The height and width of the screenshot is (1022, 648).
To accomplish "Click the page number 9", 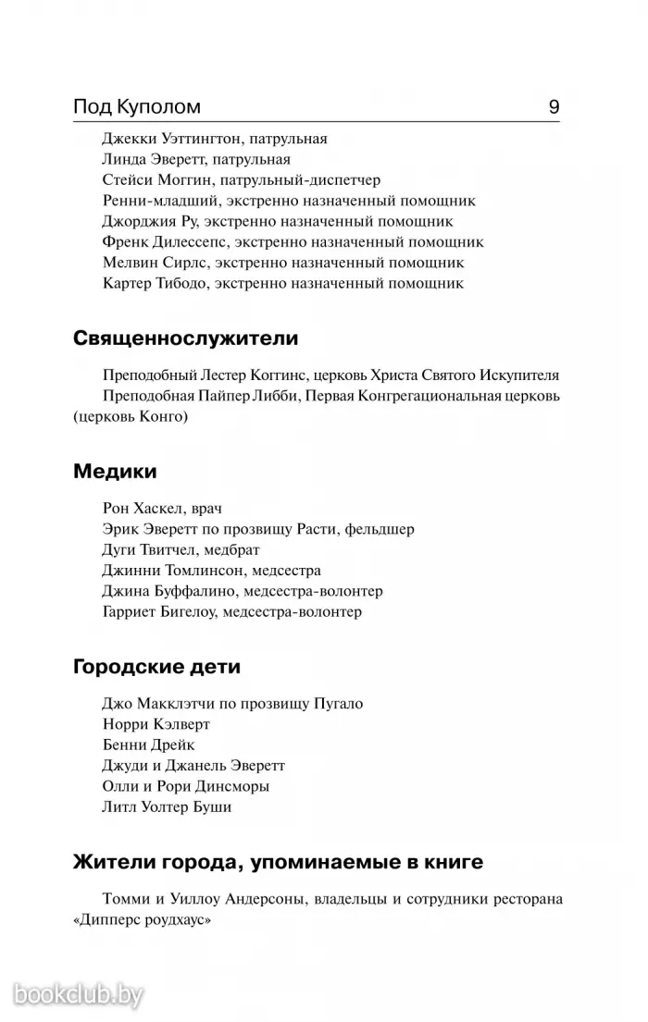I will tap(554, 107).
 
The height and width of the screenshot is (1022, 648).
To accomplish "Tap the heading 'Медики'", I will tap(115, 472).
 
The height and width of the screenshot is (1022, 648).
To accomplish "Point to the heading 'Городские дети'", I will tap(163, 666).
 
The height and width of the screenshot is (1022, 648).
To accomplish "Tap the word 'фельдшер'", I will tap(382, 529).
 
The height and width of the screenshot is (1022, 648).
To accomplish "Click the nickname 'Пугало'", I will tap(335, 704).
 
